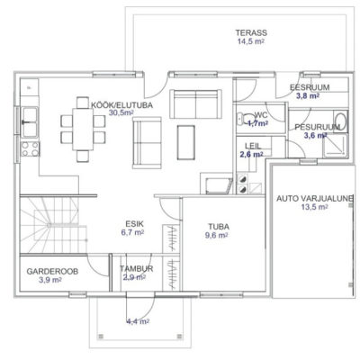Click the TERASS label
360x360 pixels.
251,32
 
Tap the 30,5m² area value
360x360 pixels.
121,112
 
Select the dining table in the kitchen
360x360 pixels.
83,129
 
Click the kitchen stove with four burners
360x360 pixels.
31,149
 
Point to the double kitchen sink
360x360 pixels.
30,121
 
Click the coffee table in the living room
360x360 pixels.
186,142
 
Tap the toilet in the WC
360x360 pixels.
246,119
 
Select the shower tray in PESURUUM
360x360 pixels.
335,146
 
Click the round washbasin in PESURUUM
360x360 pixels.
340,121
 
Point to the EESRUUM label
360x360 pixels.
310,87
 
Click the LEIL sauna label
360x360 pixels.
253,146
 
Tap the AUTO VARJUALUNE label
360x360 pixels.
314,198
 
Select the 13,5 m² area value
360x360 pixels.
314,207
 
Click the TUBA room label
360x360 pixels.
219,227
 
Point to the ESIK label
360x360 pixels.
134,224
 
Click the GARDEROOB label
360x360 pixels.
52,271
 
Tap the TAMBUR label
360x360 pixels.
137,268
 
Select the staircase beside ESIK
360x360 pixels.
53,225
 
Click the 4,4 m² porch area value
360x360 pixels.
138,321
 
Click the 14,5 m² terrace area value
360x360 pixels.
251,41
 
